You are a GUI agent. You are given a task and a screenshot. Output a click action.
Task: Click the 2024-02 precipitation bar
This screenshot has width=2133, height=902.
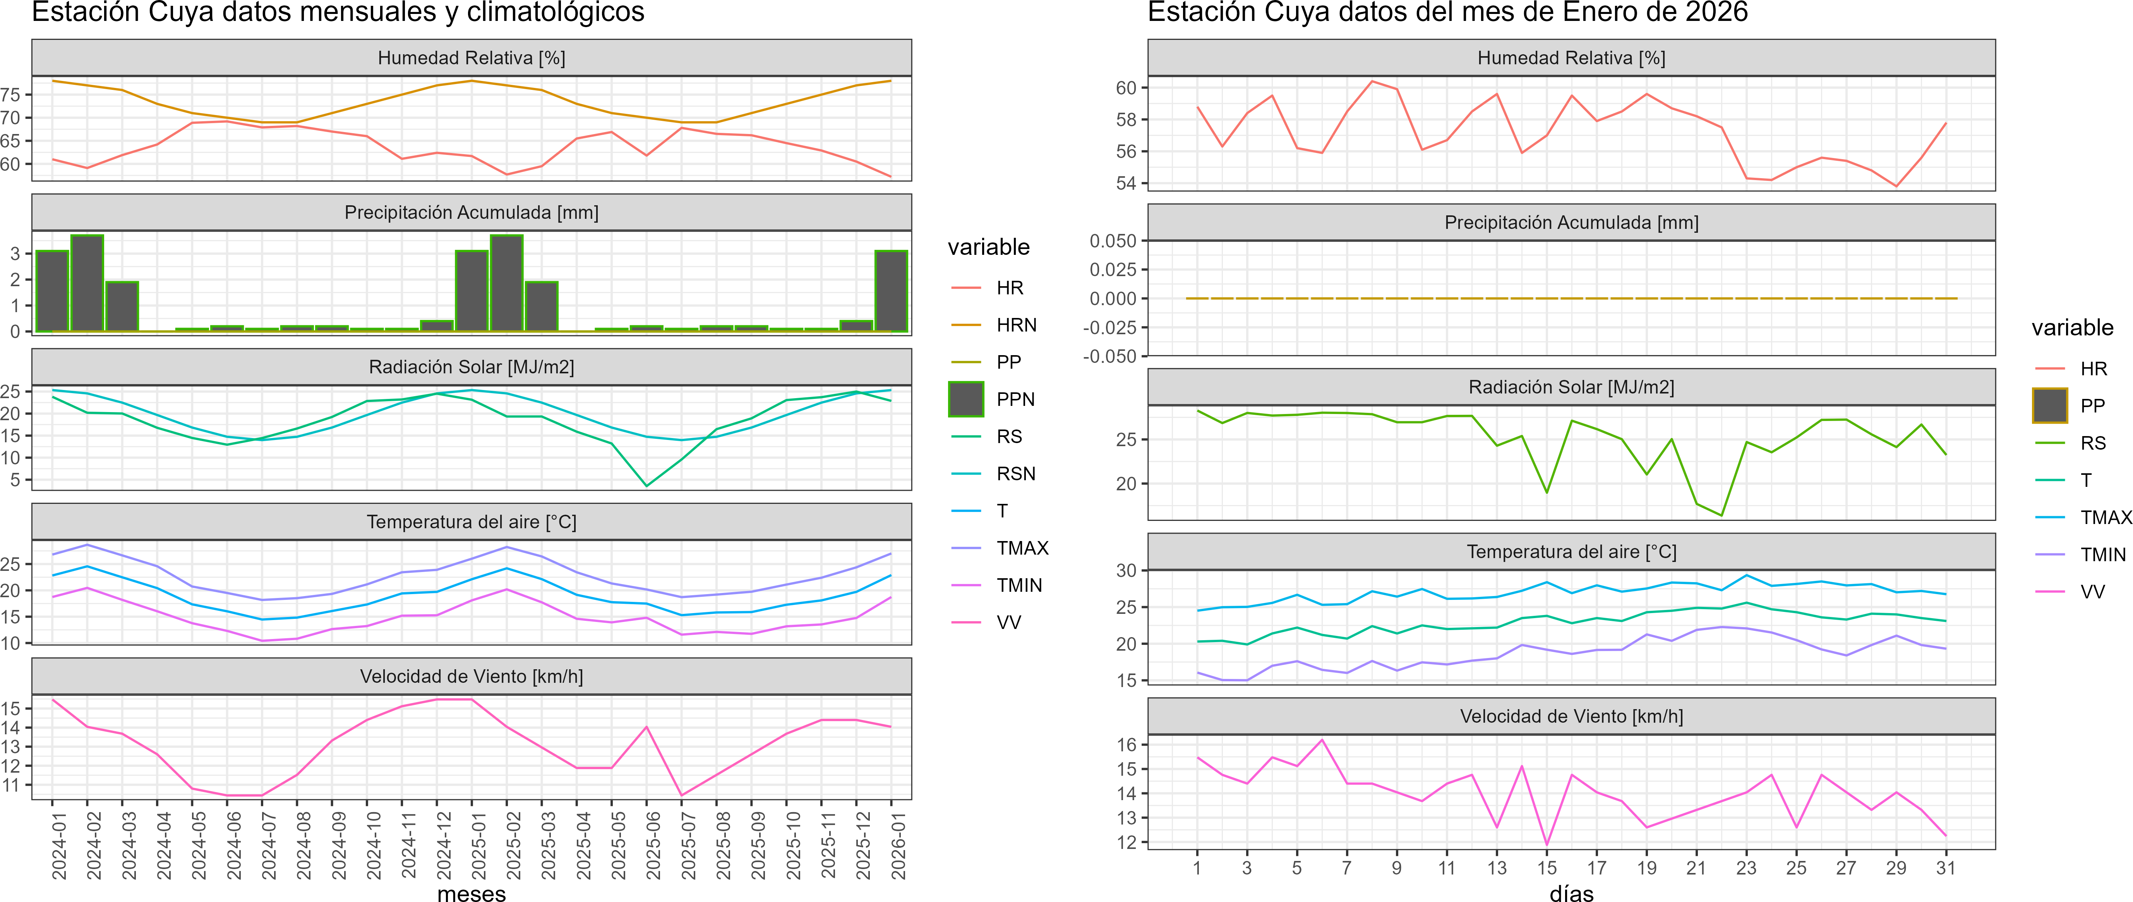click(x=87, y=283)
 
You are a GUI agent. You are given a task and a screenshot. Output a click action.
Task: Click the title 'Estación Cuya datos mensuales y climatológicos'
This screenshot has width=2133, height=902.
click(x=338, y=12)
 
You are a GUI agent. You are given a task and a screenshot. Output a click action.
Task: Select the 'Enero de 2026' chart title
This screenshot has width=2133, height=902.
click(x=1447, y=12)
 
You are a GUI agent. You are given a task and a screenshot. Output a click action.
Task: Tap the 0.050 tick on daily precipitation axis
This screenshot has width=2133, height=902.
click(x=1113, y=241)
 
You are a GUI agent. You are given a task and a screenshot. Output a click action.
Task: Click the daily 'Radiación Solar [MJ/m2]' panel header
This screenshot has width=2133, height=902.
click(x=1571, y=387)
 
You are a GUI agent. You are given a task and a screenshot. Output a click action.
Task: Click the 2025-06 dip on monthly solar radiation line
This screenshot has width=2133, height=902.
click(x=647, y=485)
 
